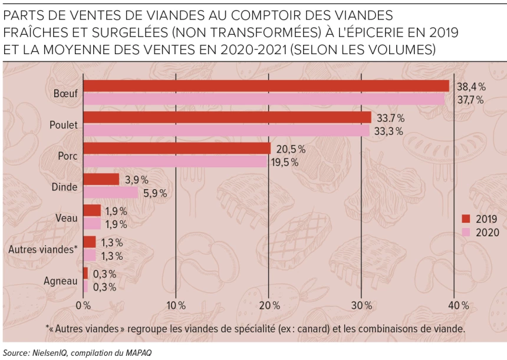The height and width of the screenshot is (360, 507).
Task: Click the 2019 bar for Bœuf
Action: coord(265,86)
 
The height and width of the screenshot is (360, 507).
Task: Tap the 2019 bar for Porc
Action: coord(176,148)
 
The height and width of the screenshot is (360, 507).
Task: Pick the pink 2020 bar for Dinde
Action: coord(110,193)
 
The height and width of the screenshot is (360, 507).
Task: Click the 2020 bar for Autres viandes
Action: coord(89,255)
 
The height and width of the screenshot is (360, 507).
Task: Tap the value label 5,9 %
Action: coord(154,193)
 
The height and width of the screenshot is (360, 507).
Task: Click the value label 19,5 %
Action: coord(285,162)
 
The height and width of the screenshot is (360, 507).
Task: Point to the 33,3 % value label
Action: coord(390,131)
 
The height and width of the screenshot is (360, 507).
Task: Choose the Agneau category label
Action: coord(61,281)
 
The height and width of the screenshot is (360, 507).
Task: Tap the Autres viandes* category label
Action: coord(43,249)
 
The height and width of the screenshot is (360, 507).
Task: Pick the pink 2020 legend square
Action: coord(466,232)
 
